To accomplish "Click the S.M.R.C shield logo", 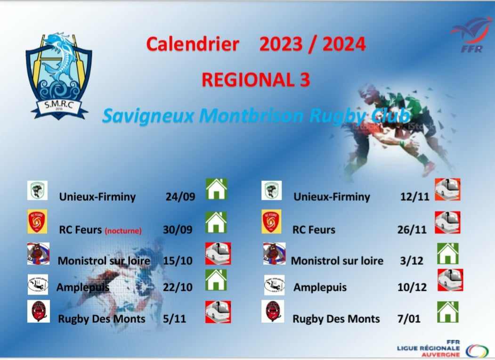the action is (59, 76).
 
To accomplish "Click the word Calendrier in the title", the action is (193, 44).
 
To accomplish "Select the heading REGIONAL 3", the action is (256, 80).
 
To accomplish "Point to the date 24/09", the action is (180, 196).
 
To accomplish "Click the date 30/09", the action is (178, 229).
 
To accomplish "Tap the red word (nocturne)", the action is (123, 231).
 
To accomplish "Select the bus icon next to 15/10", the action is (218, 254).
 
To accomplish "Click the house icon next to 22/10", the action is (216, 280).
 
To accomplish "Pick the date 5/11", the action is (174, 319).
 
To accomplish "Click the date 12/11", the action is (414, 197).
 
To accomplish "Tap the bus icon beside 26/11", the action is (447, 222).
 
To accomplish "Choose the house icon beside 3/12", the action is (447, 254).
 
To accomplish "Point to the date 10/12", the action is (412, 287).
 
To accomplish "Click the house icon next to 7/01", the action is (447, 311).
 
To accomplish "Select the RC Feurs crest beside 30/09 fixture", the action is (37, 221).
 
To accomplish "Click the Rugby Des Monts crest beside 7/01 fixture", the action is (273, 311).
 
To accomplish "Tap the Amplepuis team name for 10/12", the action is (320, 287).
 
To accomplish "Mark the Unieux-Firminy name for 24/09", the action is (97, 197).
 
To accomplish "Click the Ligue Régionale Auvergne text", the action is (429, 348).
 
